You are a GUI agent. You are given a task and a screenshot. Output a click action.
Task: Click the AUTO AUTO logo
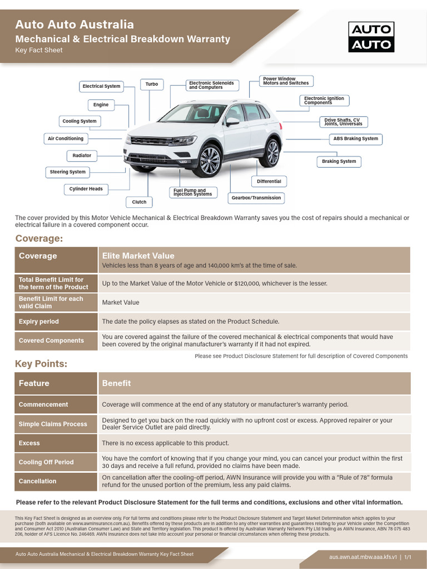pyautogui.click(x=371, y=37)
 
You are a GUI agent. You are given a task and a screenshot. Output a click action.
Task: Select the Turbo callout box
pyautogui.click(x=152, y=84)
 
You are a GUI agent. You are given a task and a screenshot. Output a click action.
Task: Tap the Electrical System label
pyautogui.click(x=101, y=86)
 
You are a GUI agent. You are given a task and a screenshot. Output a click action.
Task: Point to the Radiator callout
pyautogui.click(x=82, y=156)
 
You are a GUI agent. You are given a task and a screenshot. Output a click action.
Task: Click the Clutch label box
pyautogui.click(x=139, y=202)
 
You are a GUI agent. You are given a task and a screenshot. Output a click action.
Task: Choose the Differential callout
pyautogui.click(x=269, y=182)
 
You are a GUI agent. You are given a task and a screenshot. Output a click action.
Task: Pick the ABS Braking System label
pyautogui.click(x=355, y=139)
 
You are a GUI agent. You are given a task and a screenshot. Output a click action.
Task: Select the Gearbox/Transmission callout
pyautogui.click(x=256, y=198)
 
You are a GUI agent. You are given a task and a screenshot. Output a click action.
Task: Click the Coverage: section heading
pyautogui.click(x=39, y=238)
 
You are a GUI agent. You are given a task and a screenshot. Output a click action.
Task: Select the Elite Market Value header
pyautogui.click(x=138, y=256)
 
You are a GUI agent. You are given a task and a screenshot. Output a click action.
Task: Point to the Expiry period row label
pyautogui.click(x=38, y=322)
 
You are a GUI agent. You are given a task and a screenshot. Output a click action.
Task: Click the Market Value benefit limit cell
pyautogui.click(x=121, y=302)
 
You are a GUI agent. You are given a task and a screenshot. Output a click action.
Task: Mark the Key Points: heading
pyautogui.click(x=41, y=363)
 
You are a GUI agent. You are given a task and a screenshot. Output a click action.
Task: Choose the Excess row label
pyautogui.click(x=29, y=443)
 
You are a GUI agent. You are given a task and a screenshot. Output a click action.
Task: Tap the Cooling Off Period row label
pyautogui.click(x=46, y=462)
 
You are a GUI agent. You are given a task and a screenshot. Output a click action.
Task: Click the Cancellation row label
pyautogui.click(x=37, y=481)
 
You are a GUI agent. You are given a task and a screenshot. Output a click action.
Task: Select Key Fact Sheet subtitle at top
pyautogui.click(x=39, y=50)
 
